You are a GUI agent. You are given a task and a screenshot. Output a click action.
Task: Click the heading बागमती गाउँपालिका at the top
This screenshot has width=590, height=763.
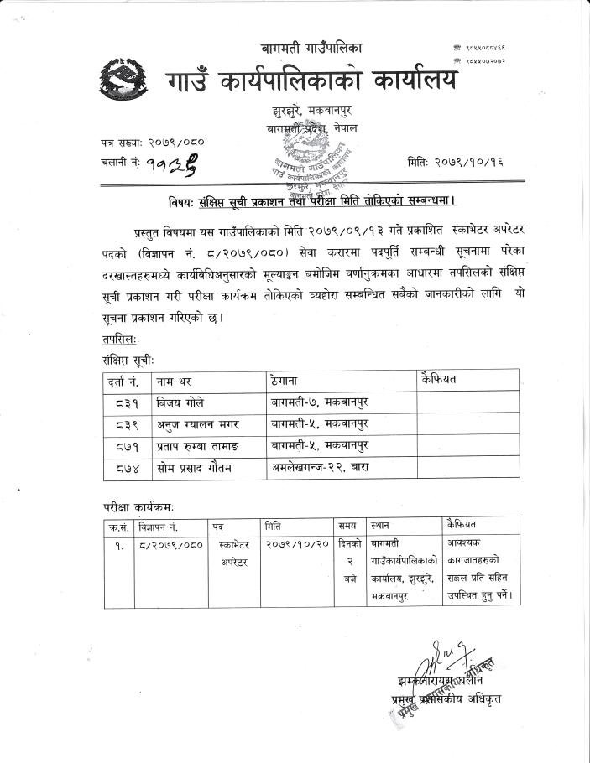point(303,49)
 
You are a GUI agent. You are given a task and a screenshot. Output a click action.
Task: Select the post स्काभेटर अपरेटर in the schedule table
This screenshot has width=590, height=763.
point(235,553)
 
